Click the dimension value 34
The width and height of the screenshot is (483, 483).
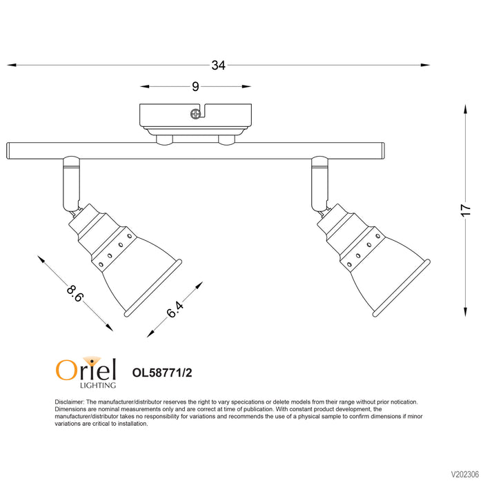(x=219, y=66)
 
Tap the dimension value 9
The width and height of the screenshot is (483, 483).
(x=195, y=86)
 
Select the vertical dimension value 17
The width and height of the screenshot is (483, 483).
(x=466, y=210)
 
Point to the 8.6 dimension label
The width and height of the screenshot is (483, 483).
(x=75, y=293)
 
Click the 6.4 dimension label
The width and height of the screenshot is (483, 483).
(x=175, y=309)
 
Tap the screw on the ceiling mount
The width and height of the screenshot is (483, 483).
(x=195, y=114)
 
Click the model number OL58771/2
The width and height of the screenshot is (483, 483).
(x=162, y=373)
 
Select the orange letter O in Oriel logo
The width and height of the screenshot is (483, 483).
(x=66, y=370)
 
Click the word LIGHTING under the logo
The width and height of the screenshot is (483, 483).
(x=98, y=385)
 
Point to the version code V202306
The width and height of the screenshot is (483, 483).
(x=465, y=474)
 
